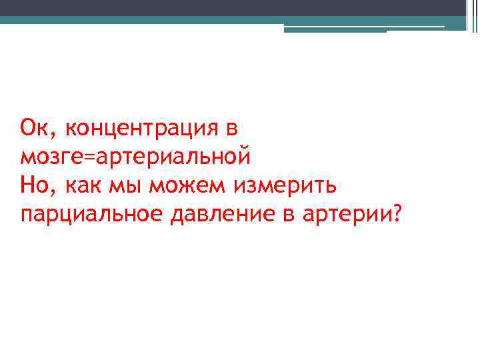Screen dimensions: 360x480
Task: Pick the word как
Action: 79,187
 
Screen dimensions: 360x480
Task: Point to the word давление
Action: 209,217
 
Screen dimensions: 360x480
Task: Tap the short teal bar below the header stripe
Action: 335,29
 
